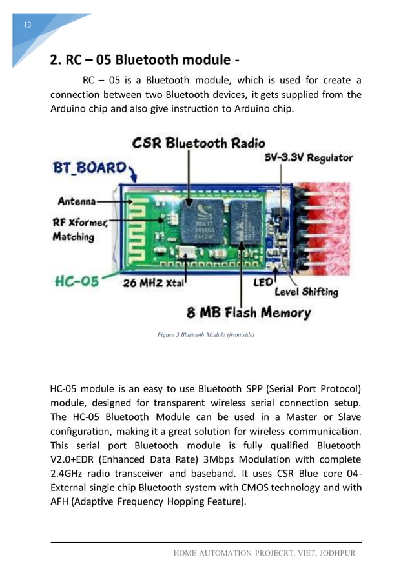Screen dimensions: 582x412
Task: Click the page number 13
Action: coord(27,25)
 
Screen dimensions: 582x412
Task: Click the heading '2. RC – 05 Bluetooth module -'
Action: coord(145,61)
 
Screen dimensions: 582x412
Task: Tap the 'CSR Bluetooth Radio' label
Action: coord(198,143)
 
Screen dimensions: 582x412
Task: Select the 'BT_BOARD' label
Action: coord(89,168)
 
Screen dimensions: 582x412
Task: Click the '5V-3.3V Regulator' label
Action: coord(309,157)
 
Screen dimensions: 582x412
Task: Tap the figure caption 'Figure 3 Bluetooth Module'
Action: coord(201,335)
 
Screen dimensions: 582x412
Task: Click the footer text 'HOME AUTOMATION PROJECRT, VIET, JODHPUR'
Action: coord(265,554)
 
